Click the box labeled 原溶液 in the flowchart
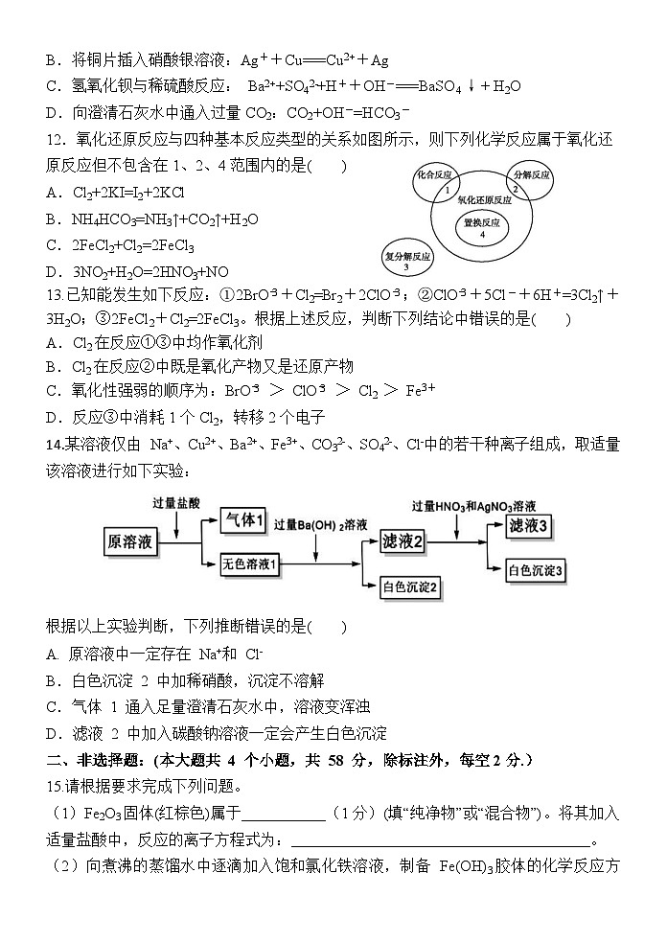(131, 542)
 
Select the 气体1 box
(242, 519)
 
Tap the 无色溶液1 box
(249, 563)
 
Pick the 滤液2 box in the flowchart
(402, 541)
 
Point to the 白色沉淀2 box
(409, 586)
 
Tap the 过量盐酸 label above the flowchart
(177, 502)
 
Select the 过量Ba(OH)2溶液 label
(320, 524)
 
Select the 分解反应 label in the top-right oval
(531, 176)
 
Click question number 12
(55, 140)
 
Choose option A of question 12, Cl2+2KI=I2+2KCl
(135, 192)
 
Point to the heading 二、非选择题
(97, 760)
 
